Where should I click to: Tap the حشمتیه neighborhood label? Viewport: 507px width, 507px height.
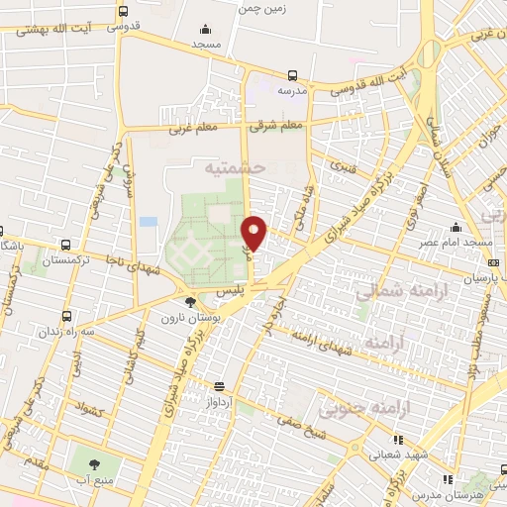click(236, 169)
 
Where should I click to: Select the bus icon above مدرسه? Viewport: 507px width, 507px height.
click(292, 74)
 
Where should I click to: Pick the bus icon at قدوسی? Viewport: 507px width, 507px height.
click(122, 13)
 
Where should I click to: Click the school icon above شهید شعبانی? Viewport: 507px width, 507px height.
click(397, 440)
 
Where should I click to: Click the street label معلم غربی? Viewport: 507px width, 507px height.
click(164, 128)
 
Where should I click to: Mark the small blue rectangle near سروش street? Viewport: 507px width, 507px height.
click(149, 221)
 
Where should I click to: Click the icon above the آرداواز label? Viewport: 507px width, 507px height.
click(218, 386)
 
